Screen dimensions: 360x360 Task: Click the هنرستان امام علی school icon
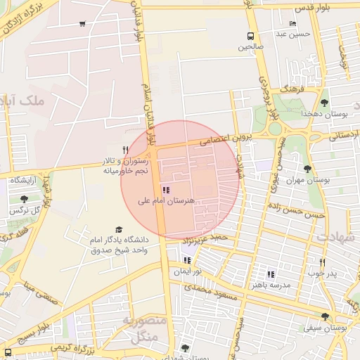166,190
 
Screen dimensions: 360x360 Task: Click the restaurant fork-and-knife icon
125,149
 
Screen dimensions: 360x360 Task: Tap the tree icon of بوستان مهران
307,168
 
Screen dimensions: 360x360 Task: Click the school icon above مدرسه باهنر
270,274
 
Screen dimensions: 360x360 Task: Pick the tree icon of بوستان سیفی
324,316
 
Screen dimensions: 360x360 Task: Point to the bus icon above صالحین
250,37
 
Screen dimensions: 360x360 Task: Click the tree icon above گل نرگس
25,199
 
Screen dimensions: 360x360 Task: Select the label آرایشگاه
24,181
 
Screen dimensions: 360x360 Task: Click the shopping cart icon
83,24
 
